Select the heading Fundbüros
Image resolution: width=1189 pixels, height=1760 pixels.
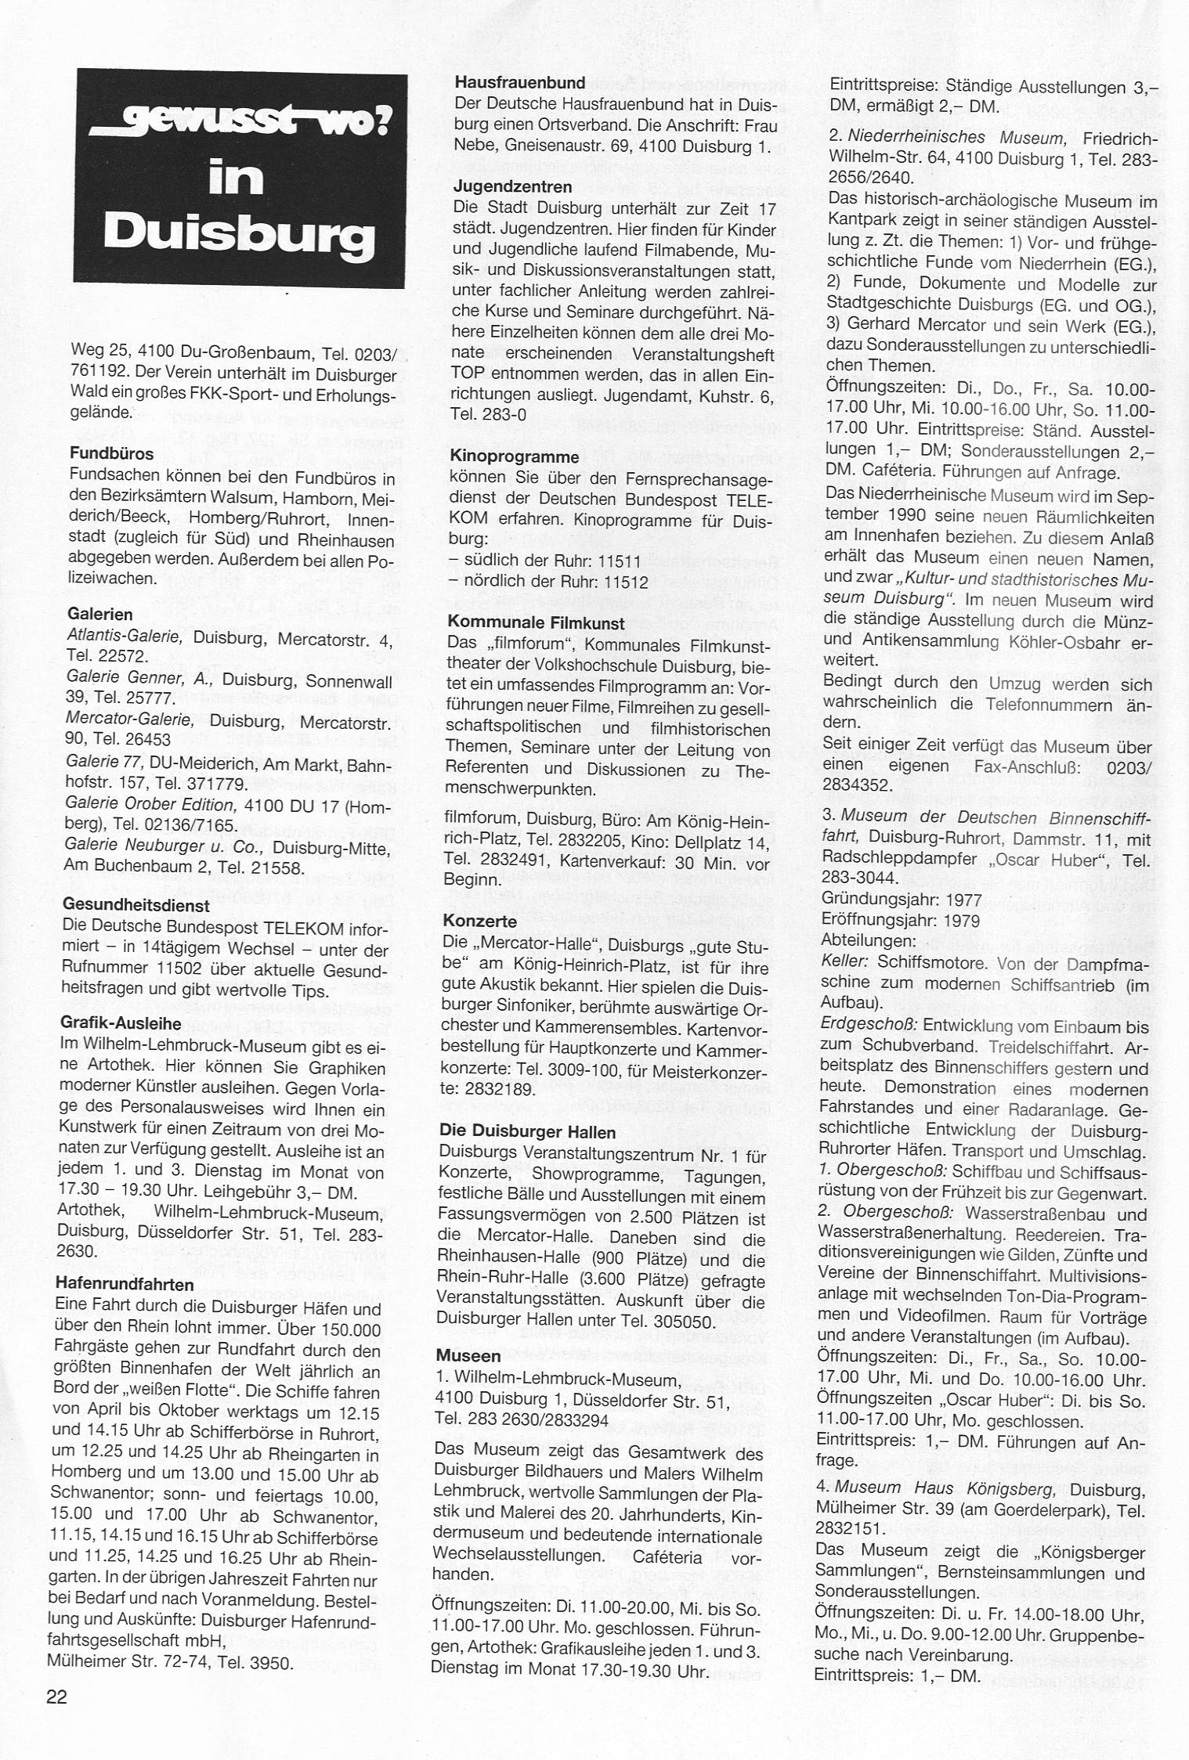(x=111, y=453)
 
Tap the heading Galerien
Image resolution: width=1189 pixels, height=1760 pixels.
(x=100, y=614)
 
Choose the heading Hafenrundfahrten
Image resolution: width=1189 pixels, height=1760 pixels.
(x=125, y=1285)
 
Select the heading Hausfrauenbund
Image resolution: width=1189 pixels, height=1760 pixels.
(x=519, y=82)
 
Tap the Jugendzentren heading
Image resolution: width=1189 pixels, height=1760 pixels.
(x=512, y=187)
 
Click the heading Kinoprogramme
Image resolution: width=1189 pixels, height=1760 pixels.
(x=515, y=456)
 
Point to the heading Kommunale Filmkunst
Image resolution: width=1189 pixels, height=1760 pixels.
(x=537, y=623)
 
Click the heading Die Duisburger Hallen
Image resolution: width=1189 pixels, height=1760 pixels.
(x=529, y=1132)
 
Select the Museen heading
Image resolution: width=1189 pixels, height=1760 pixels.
(x=469, y=1355)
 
